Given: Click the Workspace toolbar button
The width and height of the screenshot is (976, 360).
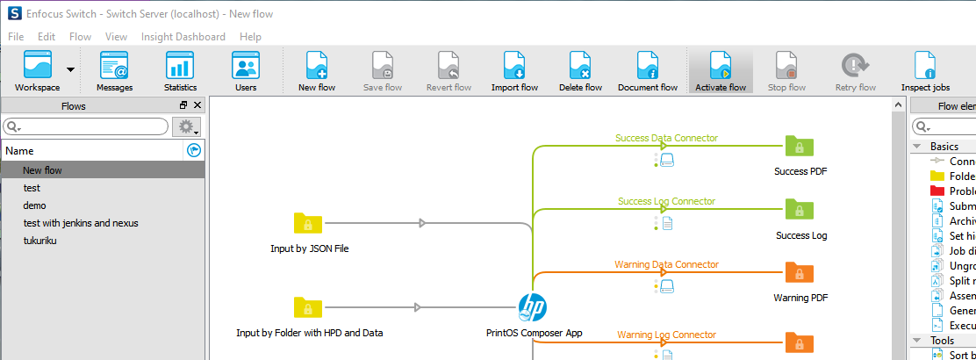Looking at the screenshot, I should tap(38, 70).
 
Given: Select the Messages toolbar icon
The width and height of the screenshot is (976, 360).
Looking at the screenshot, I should tap(114, 70).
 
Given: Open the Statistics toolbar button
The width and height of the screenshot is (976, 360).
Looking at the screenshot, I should tap(180, 70).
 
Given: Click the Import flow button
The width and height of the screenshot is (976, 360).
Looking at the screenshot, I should tap(514, 70).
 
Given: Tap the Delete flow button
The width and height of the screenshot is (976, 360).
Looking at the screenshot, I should tap(580, 70).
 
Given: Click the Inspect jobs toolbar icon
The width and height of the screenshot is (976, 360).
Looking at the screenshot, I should tap(925, 70).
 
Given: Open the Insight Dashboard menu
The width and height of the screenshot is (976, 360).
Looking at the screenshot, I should tap(183, 37).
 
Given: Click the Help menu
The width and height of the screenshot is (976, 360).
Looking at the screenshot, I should tap(250, 37).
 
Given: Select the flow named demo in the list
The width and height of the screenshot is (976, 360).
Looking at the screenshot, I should tap(35, 205).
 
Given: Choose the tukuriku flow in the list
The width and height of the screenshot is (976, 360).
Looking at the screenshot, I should tap(39, 241).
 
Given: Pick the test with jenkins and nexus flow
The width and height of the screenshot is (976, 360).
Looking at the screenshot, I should tap(81, 223).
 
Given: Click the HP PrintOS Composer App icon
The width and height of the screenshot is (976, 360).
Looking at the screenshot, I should tap(532, 308).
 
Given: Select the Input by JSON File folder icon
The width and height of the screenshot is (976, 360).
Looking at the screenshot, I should tap(308, 224).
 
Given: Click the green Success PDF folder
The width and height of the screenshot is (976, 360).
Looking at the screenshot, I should tap(800, 147).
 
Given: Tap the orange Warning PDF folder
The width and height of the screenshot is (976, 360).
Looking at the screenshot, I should tap(800, 273).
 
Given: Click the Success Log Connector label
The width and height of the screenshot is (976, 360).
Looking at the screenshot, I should tap(665, 201).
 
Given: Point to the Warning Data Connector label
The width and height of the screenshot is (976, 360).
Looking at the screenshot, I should tap(666, 264).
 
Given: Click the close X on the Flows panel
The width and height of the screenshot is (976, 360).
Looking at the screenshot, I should tap(197, 105).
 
